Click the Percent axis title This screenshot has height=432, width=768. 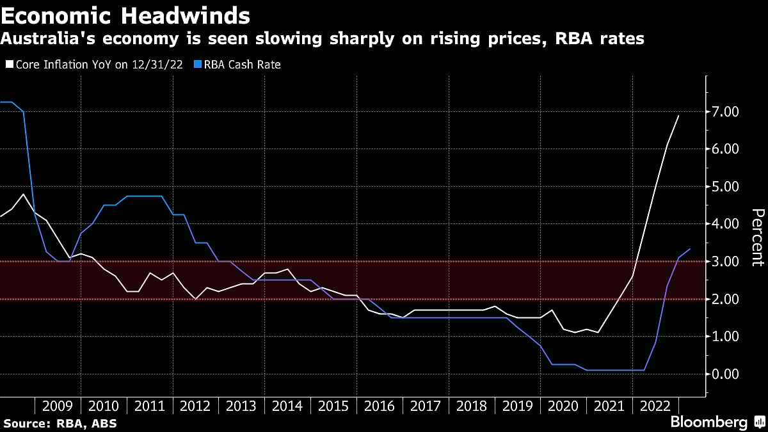pos(757,237)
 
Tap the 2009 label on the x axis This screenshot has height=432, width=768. pos(58,406)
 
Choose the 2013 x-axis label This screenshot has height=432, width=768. pos(241,406)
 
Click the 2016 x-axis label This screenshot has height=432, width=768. pos(380,406)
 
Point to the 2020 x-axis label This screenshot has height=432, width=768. pos(563,406)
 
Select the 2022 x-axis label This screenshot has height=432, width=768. pos(655,406)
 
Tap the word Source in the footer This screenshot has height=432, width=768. pos(24,423)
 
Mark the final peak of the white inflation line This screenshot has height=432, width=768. pos(678,116)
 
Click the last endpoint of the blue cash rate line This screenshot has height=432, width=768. pos(690,249)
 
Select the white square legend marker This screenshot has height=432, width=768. pos(8,65)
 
